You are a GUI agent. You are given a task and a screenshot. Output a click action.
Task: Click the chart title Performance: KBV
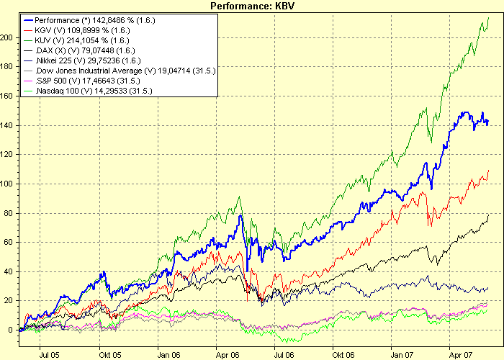[251, 6]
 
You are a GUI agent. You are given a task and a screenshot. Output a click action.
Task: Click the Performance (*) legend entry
[94, 21]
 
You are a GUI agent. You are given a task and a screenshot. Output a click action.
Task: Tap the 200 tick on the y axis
[9, 37]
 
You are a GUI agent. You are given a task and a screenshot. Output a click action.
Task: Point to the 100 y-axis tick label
[9, 183]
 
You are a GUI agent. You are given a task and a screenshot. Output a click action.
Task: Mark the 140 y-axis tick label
[9, 125]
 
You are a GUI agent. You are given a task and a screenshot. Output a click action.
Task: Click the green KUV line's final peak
[488, 17]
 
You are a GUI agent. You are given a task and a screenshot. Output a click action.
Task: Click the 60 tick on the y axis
[10, 242]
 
